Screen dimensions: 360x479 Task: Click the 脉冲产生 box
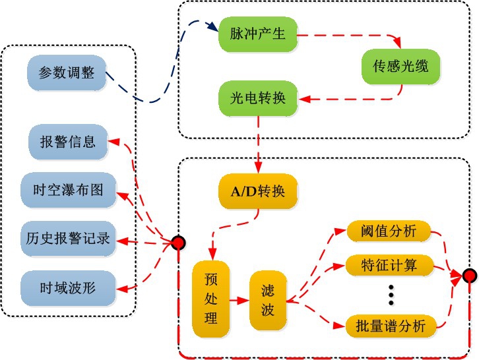click(x=258, y=34)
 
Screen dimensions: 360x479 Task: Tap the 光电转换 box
click(x=258, y=99)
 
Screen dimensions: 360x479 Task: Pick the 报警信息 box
click(x=68, y=142)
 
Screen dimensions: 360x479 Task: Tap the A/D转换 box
click(x=258, y=192)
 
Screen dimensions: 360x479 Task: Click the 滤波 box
click(x=267, y=300)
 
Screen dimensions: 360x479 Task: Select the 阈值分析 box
click(x=388, y=232)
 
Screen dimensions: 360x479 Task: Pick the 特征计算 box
click(x=388, y=266)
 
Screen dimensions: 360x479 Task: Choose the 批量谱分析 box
click(x=388, y=325)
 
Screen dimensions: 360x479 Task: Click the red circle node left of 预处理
click(x=178, y=243)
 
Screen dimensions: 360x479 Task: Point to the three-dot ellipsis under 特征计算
click(x=391, y=295)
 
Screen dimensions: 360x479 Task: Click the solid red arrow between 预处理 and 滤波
click(x=239, y=301)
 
